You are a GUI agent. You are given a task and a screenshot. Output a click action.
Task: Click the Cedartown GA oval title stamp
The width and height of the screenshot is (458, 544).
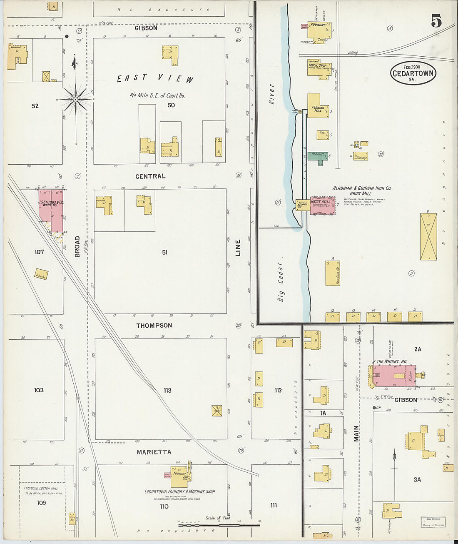coord(413,73)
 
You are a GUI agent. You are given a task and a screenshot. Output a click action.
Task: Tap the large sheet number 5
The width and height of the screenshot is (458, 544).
coord(436,20)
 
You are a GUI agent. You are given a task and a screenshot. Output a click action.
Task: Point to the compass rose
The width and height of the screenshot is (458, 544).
coord(75,99)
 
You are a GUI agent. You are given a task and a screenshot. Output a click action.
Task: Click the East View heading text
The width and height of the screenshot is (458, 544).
coord(155,78)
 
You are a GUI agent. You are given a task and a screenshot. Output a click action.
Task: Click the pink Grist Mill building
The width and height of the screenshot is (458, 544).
coord(323,206)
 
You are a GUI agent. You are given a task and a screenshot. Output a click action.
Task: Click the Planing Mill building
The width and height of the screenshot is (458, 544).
coord(318,106)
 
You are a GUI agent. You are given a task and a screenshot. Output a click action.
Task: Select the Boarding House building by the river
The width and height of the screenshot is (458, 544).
coord(333,273)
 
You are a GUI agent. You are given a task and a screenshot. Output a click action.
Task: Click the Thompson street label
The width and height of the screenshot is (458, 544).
coord(154,325)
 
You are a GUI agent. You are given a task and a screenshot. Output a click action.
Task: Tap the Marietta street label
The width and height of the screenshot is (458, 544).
coord(154,452)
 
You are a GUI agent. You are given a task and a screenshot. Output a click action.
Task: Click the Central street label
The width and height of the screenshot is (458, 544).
coord(150,176)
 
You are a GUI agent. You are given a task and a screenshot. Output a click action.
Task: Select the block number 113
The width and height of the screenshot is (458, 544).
coord(167,391)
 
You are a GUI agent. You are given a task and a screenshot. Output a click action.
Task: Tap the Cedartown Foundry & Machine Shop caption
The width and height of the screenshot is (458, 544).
coord(179,491)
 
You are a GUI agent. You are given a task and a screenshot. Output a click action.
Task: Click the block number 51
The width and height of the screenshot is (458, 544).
coord(165,252)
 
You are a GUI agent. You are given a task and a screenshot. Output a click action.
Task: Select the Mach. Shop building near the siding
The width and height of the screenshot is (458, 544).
coord(319,68)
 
